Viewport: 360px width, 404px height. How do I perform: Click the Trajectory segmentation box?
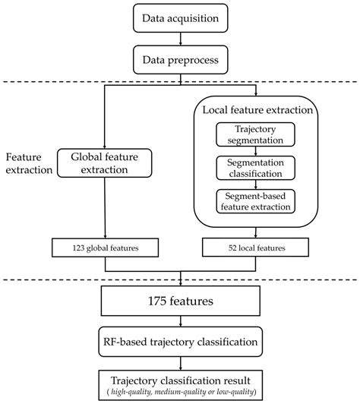pos(255,134)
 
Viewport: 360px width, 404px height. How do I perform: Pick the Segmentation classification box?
pos(255,168)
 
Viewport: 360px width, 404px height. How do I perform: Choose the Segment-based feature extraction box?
pos(255,201)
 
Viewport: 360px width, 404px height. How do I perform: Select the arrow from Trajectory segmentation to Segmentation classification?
pos(255,150)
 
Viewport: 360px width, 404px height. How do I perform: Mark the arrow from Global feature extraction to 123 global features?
pos(104,209)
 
